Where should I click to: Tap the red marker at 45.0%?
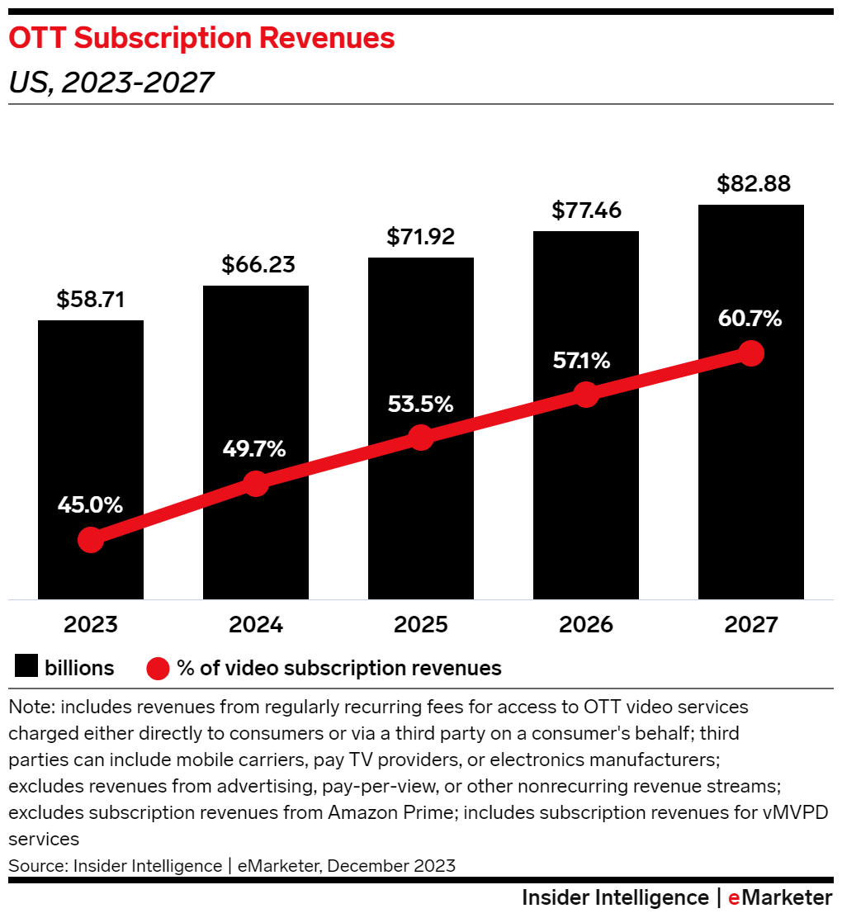pyautogui.click(x=91, y=540)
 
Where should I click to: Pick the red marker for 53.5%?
pyautogui.click(x=421, y=438)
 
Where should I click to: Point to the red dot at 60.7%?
pyautogui.click(x=750, y=353)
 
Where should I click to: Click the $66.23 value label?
pyautogui.click(x=256, y=266)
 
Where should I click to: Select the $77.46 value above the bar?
pyautogui.click(x=586, y=211)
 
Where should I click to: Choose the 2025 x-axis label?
pyautogui.click(x=421, y=625)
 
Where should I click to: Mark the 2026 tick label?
pyautogui.click(x=586, y=625)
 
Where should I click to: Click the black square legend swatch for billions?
pyautogui.click(x=26, y=668)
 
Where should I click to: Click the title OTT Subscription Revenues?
pyautogui.click(x=201, y=38)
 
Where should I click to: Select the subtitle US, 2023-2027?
pyautogui.click(x=111, y=82)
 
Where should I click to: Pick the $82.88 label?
pyautogui.click(x=750, y=184)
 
